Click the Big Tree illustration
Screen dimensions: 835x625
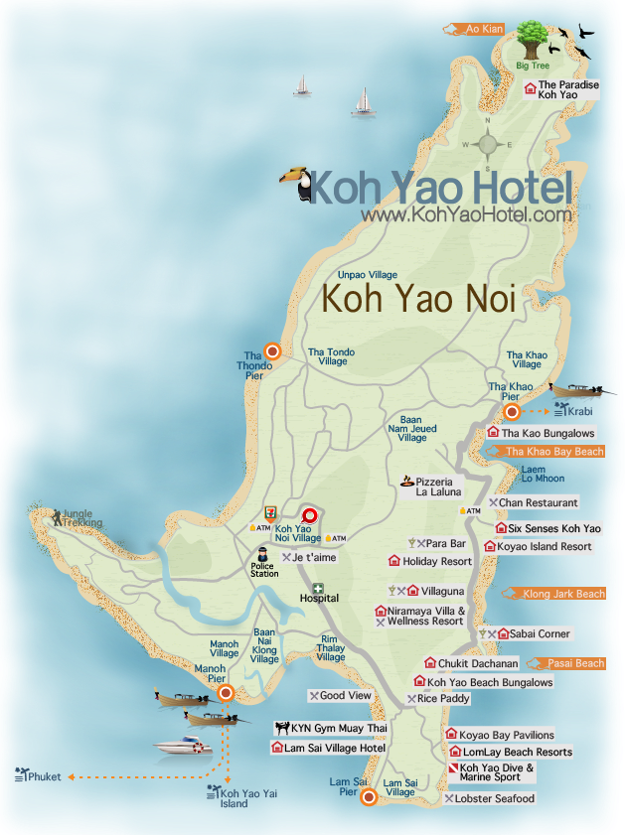tap(533, 43)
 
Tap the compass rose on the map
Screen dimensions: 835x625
tap(487, 144)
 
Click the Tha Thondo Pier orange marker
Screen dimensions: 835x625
tap(271, 350)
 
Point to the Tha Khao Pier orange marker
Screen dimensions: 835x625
tap(512, 412)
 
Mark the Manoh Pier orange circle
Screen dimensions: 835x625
tap(226, 693)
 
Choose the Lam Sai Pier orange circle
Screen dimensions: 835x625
tap(368, 797)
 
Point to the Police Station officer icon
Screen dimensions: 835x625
tap(263, 555)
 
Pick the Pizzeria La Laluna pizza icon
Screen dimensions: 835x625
tap(406, 482)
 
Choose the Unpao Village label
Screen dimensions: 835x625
tap(368, 275)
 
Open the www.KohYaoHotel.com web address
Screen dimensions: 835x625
tap(466, 213)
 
